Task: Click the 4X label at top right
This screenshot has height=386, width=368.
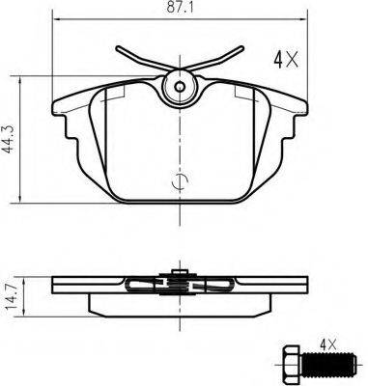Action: tap(286, 60)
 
